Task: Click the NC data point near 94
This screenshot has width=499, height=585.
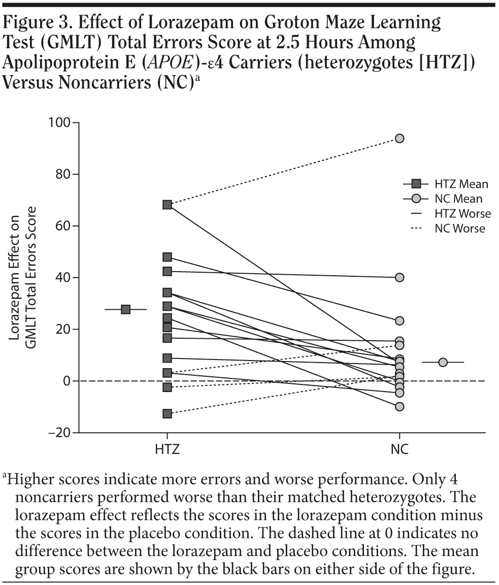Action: tap(400, 138)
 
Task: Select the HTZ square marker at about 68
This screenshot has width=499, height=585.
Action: tap(167, 205)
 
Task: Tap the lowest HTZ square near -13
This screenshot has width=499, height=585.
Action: tap(167, 413)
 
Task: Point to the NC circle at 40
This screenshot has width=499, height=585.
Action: tap(400, 277)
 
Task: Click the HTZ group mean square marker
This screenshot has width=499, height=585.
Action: tap(125, 309)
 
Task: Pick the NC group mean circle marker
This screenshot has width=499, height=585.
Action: tap(443, 362)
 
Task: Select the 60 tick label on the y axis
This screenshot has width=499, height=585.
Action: tap(61, 225)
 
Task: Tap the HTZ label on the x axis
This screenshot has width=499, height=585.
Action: tap(167, 450)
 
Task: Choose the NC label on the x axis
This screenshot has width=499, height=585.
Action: tap(400, 450)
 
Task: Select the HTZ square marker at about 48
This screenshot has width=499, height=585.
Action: tap(167, 257)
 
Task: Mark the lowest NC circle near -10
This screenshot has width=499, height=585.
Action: tap(400, 406)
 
